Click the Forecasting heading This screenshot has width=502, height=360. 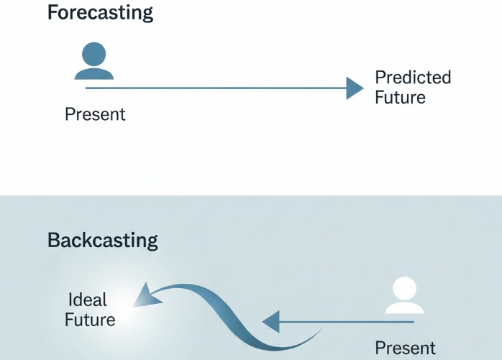[x=100, y=14]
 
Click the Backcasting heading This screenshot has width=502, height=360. [x=102, y=241]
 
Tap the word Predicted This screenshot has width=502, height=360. [x=413, y=78]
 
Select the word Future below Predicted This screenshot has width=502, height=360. [x=400, y=97]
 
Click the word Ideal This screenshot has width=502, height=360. [x=88, y=300]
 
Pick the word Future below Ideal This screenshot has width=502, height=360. [x=90, y=320]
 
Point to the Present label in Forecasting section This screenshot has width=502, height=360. [x=95, y=114]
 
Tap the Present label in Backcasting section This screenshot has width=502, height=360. [x=406, y=348]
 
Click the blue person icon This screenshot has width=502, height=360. [x=94, y=61]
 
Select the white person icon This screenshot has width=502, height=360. [x=404, y=295]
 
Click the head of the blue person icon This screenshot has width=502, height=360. [x=94, y=54]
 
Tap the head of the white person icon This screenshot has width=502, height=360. [x=404, y=289]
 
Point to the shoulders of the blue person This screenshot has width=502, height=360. [x=94, y=74]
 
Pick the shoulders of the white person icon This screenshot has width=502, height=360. [x=404, y=308]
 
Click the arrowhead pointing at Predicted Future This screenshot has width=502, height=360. [x=355, y=88]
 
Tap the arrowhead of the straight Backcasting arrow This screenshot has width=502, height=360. [x=271, y=322]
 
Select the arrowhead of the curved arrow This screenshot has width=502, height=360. [x=146, y=297]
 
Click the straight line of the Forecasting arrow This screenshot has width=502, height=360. [x=216, y=88]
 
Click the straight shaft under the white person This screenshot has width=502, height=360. [x=347, y=322]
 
